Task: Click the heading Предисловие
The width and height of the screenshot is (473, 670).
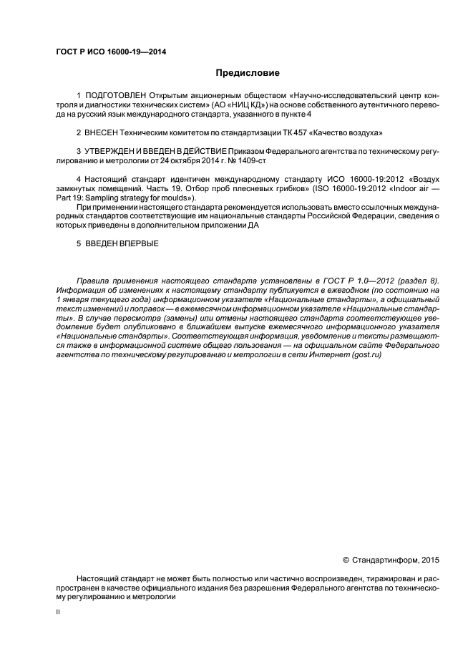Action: coord(248,73)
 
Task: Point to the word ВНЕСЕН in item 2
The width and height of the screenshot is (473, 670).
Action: coord(102,133)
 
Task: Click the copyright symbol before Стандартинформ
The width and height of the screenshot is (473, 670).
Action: coord(346,559)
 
